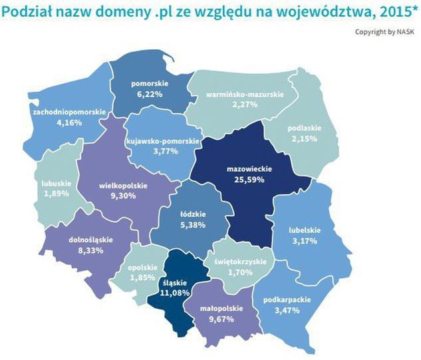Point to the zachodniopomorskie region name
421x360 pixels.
69,112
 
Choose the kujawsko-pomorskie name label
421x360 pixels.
162,142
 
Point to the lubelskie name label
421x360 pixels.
305,230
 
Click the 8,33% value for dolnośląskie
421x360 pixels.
91,250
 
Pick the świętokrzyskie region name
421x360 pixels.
240,262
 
